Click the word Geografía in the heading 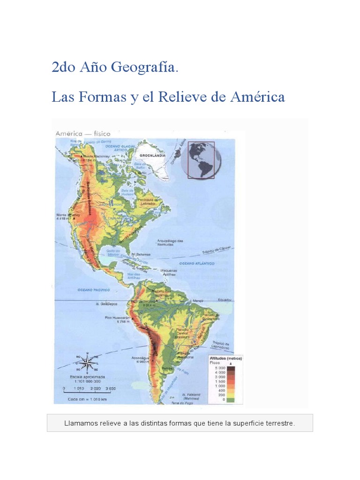pyautogui.click(x=144, y=68)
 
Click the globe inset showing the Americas pyautogui.click(x=201, y=160)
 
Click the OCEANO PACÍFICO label pyautogui.click(x=90, y=290)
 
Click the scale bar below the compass pyautogui.click(x=89, y=389)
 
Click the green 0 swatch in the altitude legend pyautogui.click(x=230, y=399)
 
